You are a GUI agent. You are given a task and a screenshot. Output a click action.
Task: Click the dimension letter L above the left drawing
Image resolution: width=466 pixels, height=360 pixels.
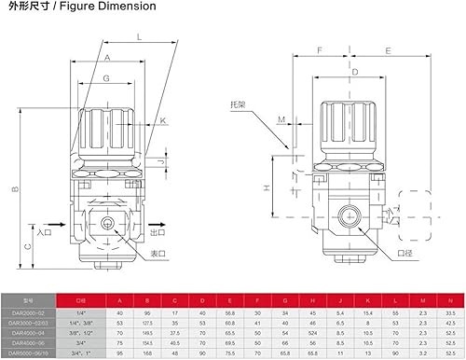[x=139, y=37]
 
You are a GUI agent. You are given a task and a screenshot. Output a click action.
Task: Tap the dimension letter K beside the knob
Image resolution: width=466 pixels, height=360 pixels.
[x=163, y=120]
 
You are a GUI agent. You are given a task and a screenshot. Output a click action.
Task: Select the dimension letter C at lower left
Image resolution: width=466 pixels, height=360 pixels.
[x=28, y=247]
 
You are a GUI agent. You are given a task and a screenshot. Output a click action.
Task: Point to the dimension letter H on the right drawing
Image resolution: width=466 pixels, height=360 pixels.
[x=267, y=187]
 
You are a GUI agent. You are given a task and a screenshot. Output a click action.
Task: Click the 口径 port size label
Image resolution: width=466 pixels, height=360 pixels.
[x=403, y=253]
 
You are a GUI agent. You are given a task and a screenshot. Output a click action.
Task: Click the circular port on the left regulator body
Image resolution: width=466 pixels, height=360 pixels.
[x=110, y=223]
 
